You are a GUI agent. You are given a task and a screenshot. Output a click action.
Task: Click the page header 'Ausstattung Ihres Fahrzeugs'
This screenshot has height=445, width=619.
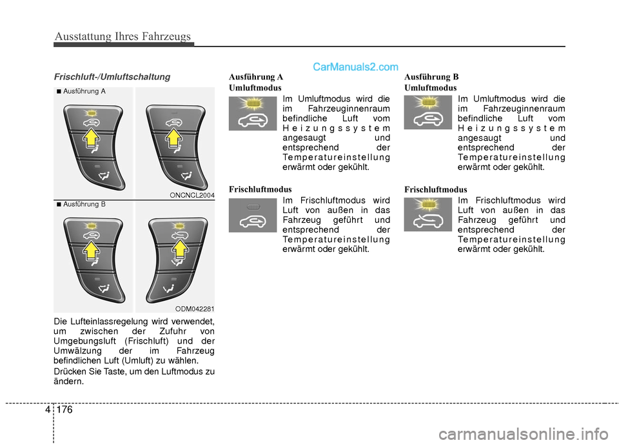pyautogui.click(x=123, y=36)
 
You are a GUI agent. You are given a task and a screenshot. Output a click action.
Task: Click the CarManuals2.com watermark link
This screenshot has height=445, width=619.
pyautogui.click(x=355, y=67)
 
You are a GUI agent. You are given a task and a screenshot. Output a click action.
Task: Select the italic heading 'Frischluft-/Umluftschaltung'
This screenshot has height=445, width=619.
pyautogui.click(x=112, y=77)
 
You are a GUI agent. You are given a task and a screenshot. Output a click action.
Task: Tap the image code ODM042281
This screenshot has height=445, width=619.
pyautogui.click(x=194, y=309)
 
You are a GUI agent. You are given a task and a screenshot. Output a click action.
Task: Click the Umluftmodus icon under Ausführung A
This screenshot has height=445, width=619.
pyautogui.click(x=253, y=113)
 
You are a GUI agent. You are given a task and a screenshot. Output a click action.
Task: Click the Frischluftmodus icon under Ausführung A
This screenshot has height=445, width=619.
pyautogui.click(x=253, y=215)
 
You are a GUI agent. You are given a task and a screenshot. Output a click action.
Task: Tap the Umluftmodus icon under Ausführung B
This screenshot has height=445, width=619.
pyautogui.click(x=428, y=113)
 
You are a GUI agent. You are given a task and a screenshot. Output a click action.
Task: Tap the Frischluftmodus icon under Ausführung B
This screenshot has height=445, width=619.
pyautogui.click(x=428, y=215)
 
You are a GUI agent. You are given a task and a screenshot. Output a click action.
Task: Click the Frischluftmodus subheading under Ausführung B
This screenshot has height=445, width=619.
pyautogui.click(x=435, y=189)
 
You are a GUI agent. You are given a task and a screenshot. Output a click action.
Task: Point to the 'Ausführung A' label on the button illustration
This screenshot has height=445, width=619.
pyautogui.click(x=84, y=92)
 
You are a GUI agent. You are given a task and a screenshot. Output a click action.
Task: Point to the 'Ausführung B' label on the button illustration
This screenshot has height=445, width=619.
pyautogui.click(x=84, y=204)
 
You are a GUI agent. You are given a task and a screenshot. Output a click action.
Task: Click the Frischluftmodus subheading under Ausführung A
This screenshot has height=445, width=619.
pyautogui.click(x=260, y=189)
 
